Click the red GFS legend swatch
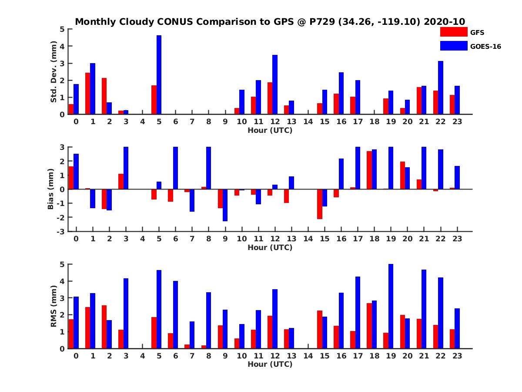(x=454, y=32)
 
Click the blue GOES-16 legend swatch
(x=454, y=46)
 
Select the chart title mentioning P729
(x=270, y=21)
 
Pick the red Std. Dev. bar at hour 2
(x=104, y=96)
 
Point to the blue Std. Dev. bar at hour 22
(x=441, y=88)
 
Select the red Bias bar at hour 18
(x=369, y=170)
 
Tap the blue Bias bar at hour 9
(x=225, y=205)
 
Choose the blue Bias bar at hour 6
(x=176, y=168)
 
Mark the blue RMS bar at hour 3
(x=126, y=314)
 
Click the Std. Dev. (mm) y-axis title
(x=54, y=72)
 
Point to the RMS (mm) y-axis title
(x=54, y=306)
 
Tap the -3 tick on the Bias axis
(x=62, y=231)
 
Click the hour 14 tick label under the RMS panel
(x=308, y=355)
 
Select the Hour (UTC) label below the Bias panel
(x=270, y=247)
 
